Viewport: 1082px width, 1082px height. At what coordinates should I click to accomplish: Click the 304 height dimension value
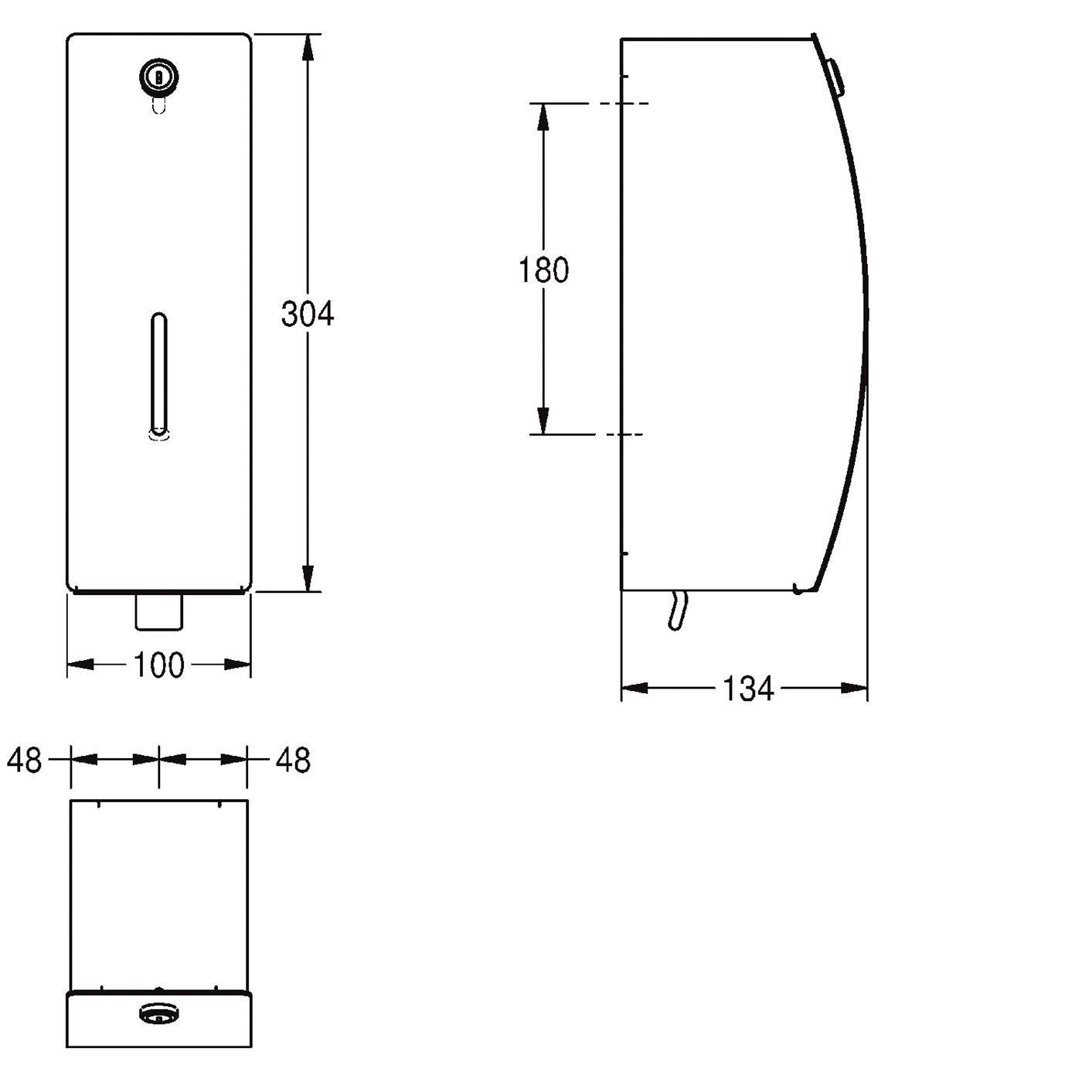[307, 314]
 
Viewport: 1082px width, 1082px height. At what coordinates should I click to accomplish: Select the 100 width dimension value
[159, 665]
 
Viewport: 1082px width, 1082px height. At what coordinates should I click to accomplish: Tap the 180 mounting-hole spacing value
[543, 270]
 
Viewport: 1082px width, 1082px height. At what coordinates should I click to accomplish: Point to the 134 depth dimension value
[748, 689]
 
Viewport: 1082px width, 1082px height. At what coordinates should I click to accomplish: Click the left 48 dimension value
[24, 760]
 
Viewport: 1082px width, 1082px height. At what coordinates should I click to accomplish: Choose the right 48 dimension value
[293, 760]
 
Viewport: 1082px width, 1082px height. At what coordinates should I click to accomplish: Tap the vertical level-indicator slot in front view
[159, 375]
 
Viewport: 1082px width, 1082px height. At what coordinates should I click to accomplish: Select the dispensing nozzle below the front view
[159, 611]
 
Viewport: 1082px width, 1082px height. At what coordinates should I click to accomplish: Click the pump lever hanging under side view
[678, 610]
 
